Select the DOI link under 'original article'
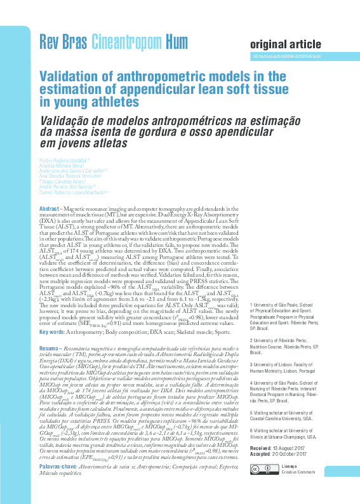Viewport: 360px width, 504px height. (x=286, y=56)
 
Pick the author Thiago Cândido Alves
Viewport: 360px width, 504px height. (x=62, y=182)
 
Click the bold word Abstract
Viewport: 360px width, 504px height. (x=50, y=209)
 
